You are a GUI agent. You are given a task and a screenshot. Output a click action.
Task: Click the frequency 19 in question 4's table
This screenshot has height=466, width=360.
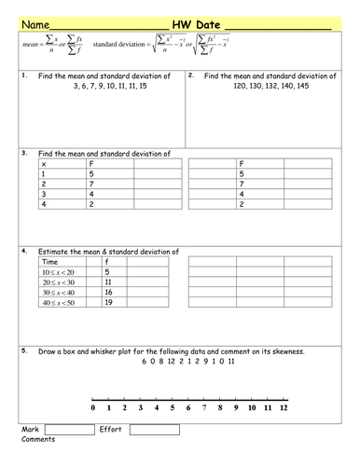pos(108,303)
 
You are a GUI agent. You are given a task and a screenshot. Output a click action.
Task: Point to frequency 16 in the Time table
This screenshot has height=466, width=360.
pos(108,292)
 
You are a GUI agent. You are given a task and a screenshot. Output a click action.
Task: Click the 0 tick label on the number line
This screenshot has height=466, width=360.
pos(93,408)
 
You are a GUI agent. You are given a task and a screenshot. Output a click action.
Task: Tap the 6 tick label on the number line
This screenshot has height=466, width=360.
pos(188,408)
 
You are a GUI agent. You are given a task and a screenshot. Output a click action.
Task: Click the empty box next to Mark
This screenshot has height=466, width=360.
pos(68,430)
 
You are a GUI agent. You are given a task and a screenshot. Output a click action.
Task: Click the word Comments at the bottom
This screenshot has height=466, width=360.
pos(38,439)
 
